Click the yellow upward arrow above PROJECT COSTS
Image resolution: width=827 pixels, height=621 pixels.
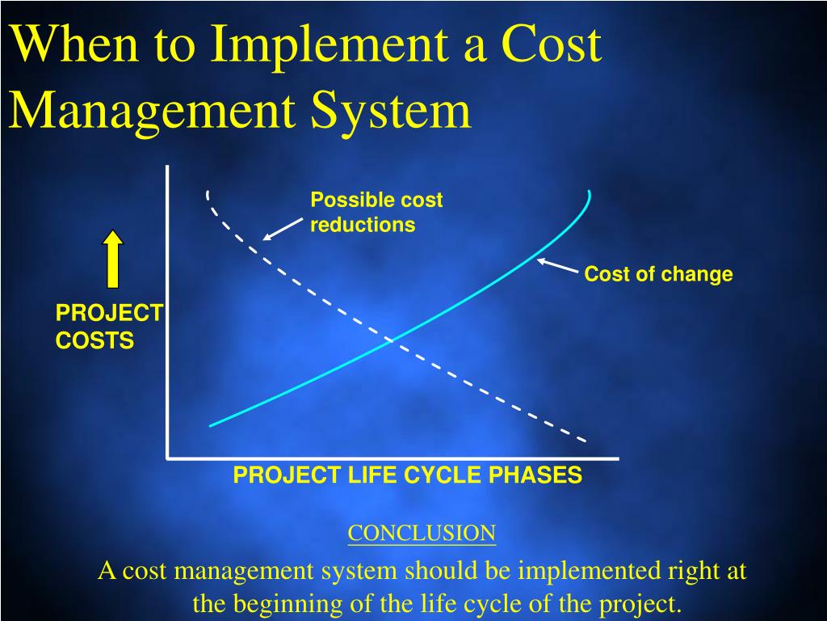(113, 260)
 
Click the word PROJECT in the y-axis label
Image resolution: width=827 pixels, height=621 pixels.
(109, 313)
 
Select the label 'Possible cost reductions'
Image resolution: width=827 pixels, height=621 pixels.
(376, 212)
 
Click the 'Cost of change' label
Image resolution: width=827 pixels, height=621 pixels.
(658, 274)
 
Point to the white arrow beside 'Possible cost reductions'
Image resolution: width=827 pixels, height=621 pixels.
(283, 229)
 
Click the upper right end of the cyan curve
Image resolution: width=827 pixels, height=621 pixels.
(589, 192)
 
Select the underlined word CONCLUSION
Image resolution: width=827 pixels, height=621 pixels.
(422, 533)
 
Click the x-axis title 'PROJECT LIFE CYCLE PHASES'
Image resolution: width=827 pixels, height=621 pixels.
(407, 475)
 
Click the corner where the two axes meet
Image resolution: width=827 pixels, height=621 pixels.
(168, 458)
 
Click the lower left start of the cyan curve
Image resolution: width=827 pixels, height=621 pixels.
(211, 425)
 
